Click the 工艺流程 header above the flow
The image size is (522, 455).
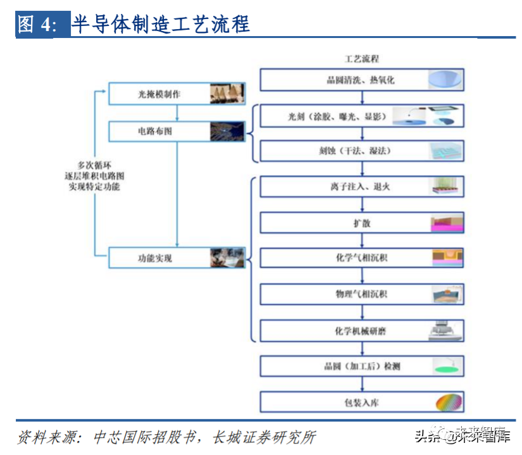click(x=361, y=59)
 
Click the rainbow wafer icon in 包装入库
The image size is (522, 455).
click(x=448, y=402)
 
